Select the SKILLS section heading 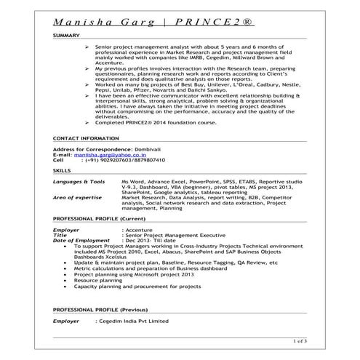coord(63,170)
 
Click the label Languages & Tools coord(79,180)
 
